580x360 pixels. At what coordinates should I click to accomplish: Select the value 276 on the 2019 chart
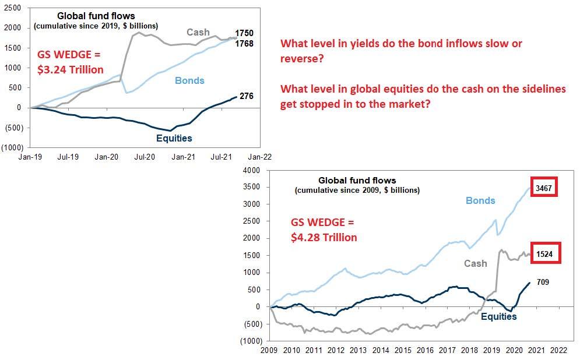[x=247, y=96]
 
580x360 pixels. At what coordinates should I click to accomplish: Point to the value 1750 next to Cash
[x=244, y=33]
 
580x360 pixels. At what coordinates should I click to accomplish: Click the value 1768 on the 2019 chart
[x=244, y=43]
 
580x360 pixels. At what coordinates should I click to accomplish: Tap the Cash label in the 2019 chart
[x=198, y=32]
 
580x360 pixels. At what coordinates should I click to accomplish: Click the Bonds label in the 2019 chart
[x=190, y=80]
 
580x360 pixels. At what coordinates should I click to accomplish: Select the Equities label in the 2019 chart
[x=174, y=138]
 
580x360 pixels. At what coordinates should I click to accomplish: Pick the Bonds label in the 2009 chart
[x=480, y=200]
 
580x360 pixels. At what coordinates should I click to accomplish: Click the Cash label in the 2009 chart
[x=475, y=263]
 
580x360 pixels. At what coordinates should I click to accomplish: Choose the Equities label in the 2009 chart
[x=498, y=316]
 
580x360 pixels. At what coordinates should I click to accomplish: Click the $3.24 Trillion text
[x=71, y=70]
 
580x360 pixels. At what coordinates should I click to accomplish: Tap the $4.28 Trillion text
[x=324, y=237]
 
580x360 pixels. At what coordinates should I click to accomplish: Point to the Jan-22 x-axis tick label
[x=259, y=157]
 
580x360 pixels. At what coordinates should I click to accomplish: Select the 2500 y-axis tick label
[x=12, y=8]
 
